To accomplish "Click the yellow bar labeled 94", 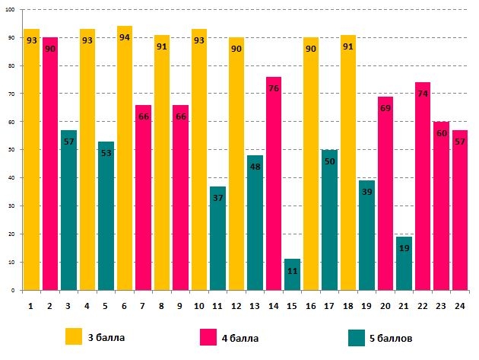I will click(x=125, y=160).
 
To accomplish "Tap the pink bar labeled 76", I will click(x=274, y=183).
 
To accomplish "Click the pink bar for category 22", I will click(x=423, y=186).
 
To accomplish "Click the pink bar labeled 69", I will click(x=385, y=193).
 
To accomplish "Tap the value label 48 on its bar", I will click(x=255, y=167).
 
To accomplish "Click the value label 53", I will click(x=106, y=153).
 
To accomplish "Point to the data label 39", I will click(x=366, y=193).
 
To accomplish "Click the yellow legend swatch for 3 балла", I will click(x=74, y=336).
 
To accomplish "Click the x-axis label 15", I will click(x=292, y=305).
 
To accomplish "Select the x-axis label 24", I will click(x=460, y=305).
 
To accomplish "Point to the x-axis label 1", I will click(x=31, y=305).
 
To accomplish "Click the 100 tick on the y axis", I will click(x=10, y=10).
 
